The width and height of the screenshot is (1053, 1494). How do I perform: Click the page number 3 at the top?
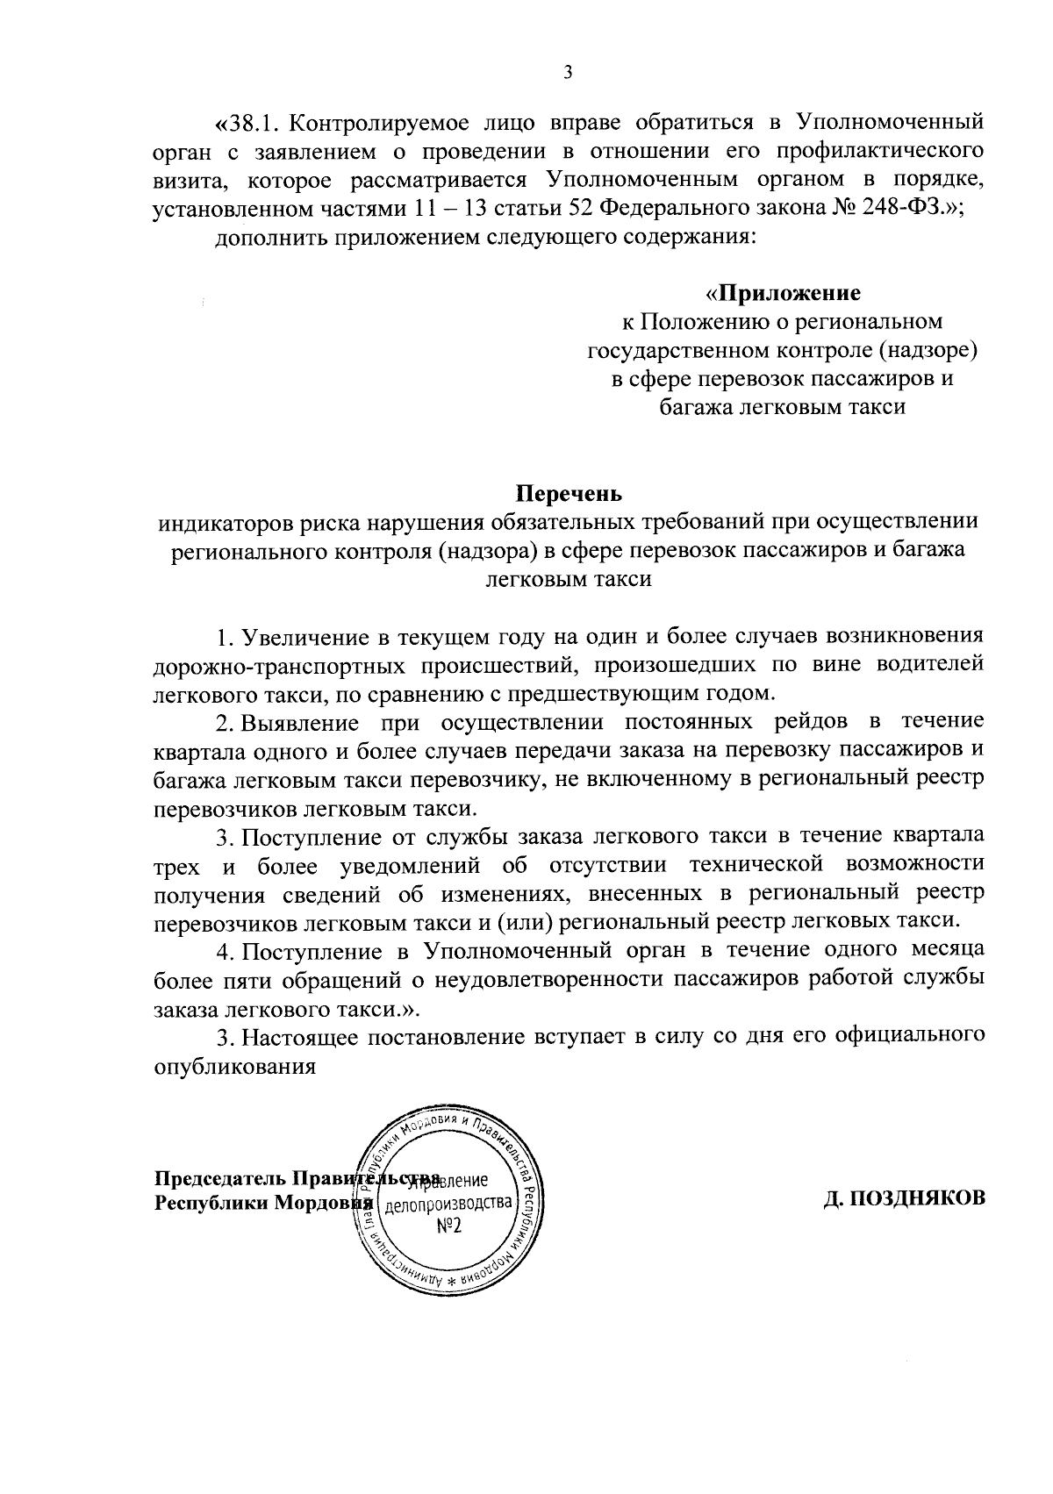click(567, 73)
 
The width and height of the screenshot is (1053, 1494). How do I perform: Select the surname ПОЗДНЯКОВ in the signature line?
click(904, 1197)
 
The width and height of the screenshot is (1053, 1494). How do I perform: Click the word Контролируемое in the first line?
click(379, 120)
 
